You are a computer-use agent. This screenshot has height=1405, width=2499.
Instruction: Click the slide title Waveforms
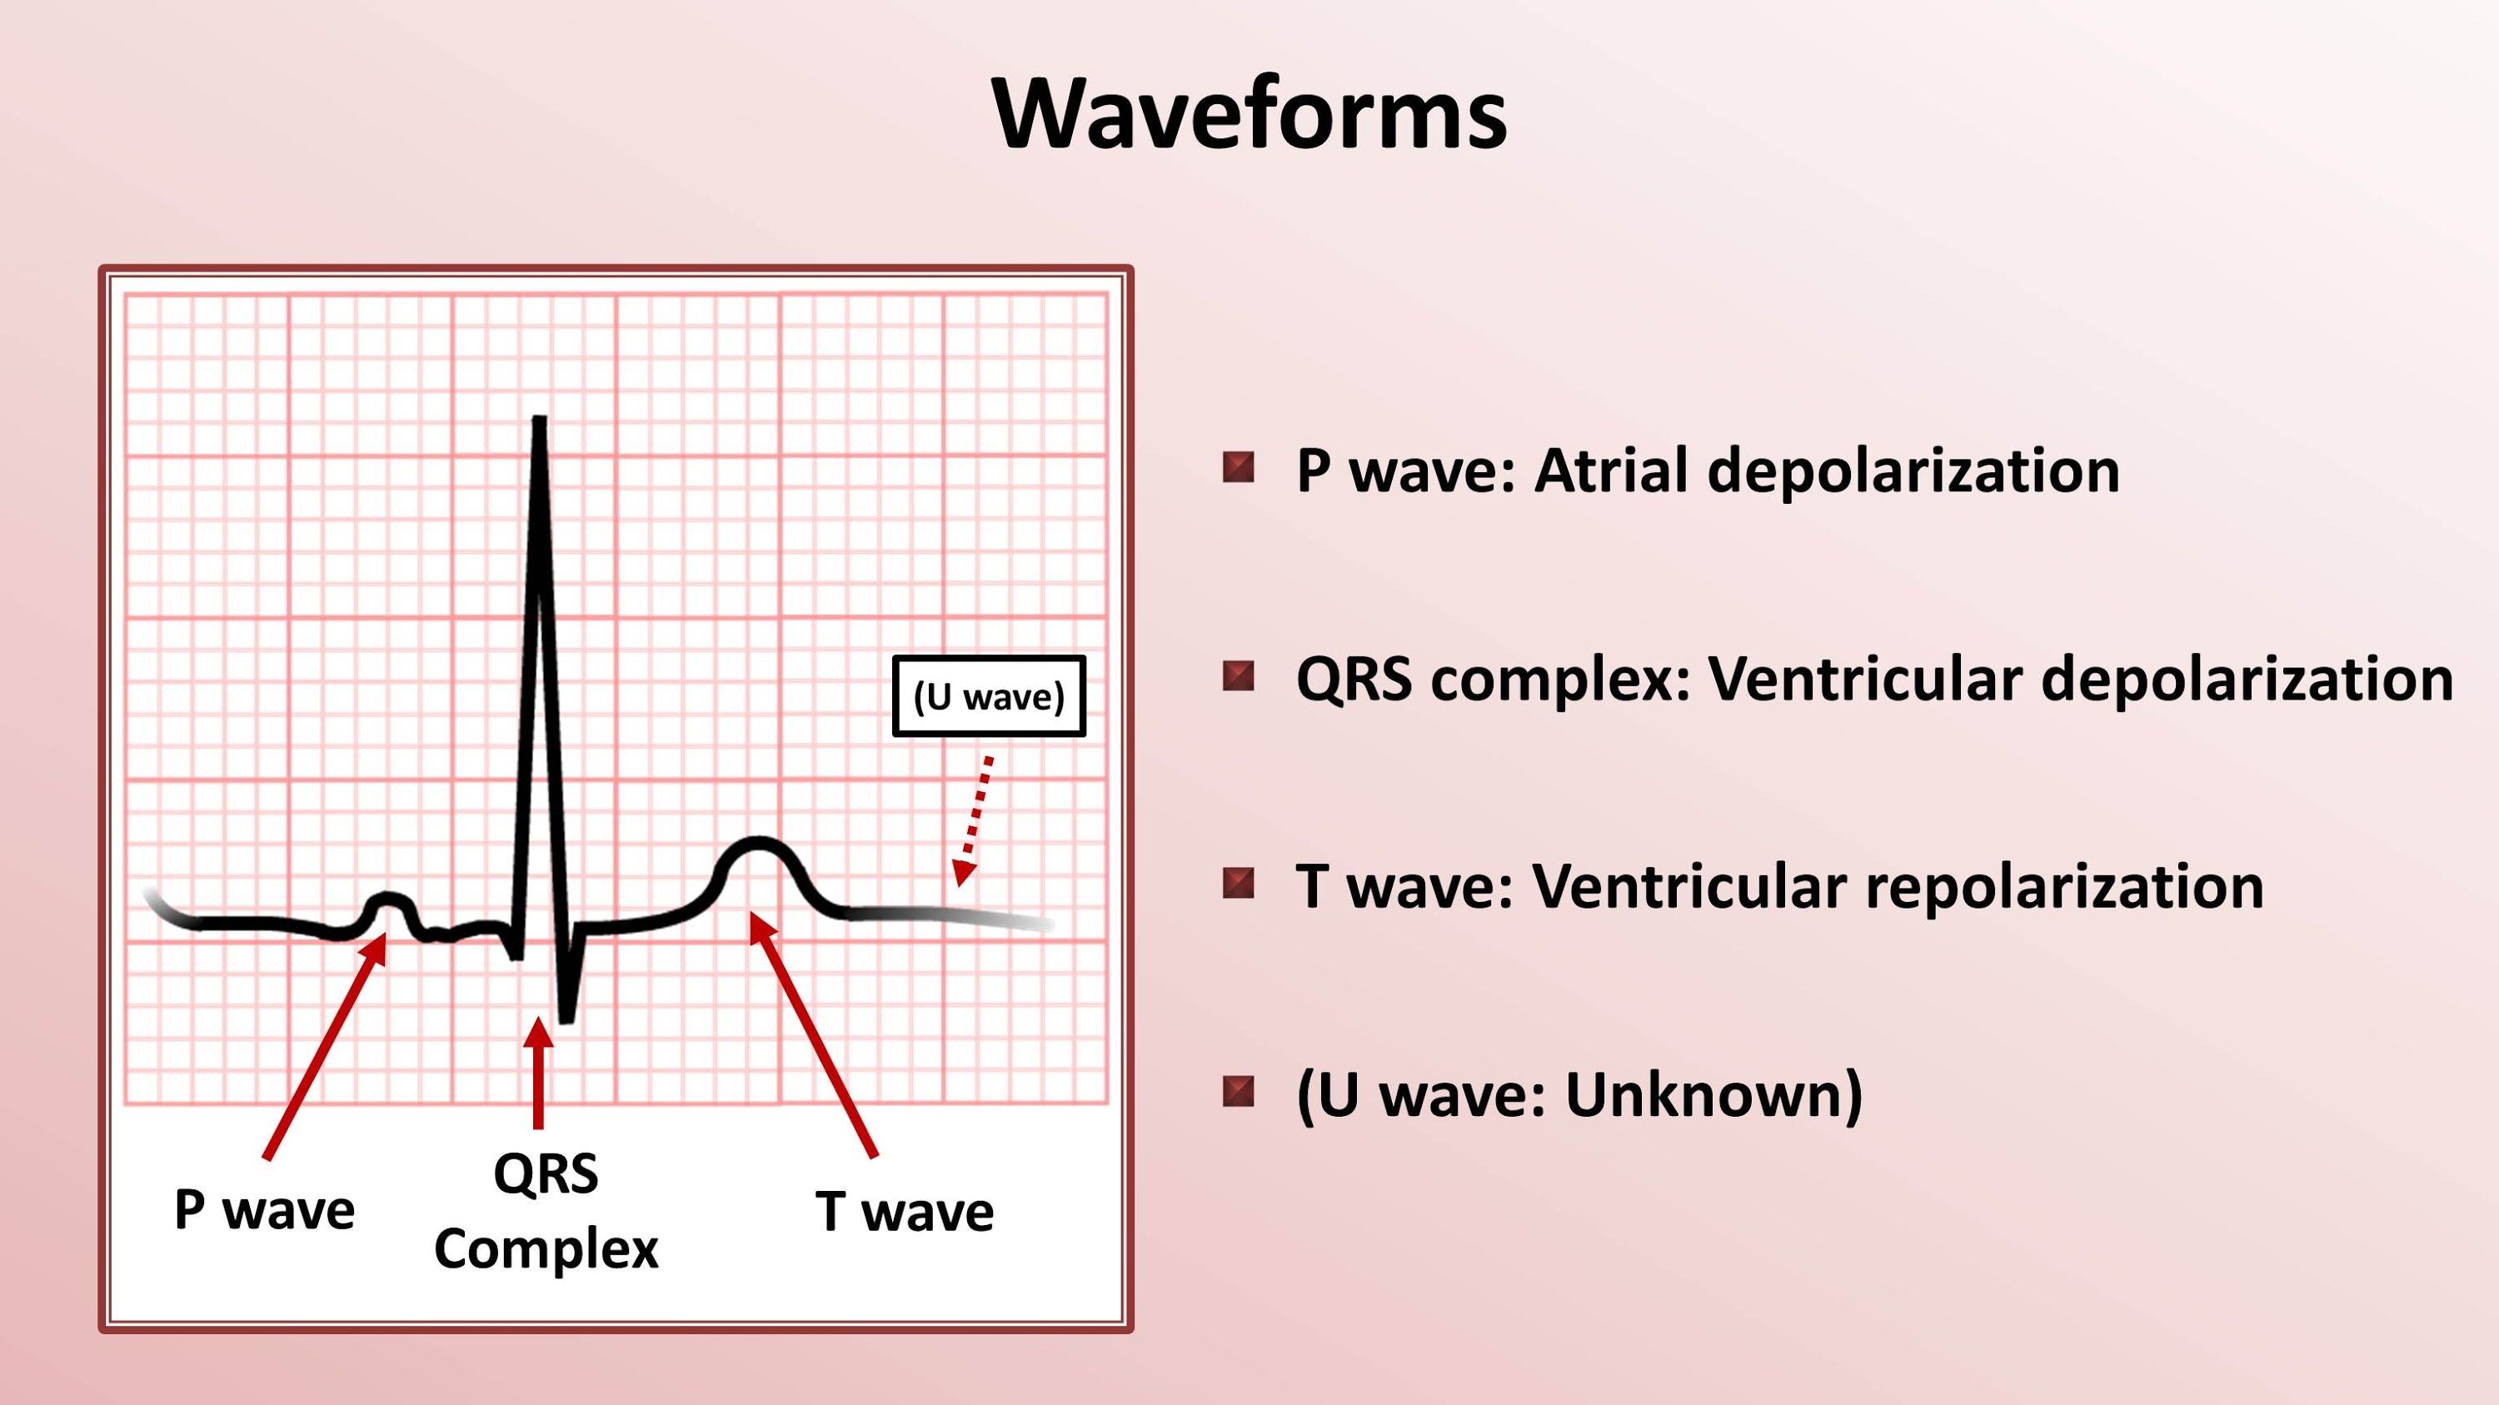pyautogui.click(x=1249, y=114)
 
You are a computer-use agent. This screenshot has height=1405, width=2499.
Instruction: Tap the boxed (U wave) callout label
pyautogui.click(x=989, y=696)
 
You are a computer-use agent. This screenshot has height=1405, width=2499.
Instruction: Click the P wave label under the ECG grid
pyautogui.click(x=264, y=1210)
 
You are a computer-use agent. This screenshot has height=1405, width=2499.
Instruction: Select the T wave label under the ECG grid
pyautogui.click(x=904, y=1212)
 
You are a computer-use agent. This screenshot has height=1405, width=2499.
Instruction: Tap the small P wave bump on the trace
pyautogui.click(x=388, y=899)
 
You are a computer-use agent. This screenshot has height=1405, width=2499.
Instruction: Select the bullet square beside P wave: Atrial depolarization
pyautogui.click(x=1238, y=467)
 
